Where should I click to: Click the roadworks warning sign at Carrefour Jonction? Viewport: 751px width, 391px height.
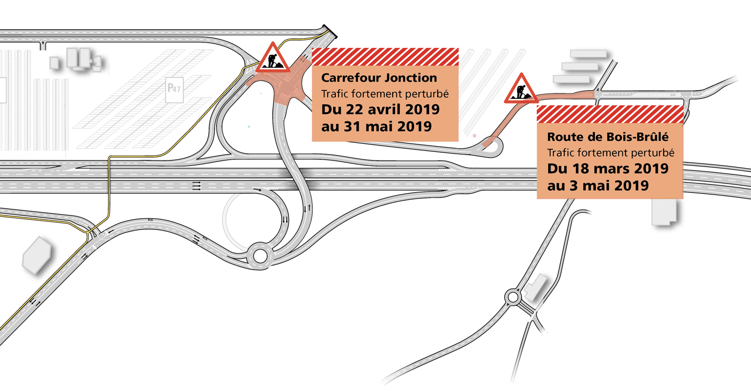click(x=273, y=59)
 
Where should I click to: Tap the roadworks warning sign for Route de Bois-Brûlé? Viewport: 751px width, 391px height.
click(x=521, y=89)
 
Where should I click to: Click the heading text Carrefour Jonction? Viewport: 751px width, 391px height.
click(x=379, y=78)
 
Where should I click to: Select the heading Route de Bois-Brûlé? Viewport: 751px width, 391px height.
click(x=607, y=137)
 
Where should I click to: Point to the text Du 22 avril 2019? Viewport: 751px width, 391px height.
click(x=380, y=110)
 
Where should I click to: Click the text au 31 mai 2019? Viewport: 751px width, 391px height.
click(x=376, y=127)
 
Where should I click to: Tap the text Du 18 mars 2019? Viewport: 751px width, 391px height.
click(x=607, y=169)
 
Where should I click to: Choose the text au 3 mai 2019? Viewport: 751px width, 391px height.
click(x=598, y=186)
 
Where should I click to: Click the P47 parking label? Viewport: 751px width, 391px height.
click(x=174, y=88)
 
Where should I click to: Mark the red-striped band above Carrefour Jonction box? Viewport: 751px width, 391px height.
click(x=385, y=57)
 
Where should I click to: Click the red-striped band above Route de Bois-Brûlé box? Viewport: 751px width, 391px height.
click(x=610, y=114)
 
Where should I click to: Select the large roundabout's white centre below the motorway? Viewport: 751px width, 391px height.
click(x=260, y=256)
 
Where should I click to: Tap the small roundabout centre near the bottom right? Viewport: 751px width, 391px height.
click(x=513, y=297)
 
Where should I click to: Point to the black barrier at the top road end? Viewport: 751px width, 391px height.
click(x=330, y=31)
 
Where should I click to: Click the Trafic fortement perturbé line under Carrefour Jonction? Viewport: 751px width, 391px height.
click(x=385, y=94)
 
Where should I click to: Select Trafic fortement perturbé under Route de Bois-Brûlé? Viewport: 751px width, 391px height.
click(x=610, y=153)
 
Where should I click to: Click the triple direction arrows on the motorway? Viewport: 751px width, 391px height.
click(x=197, y=186)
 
